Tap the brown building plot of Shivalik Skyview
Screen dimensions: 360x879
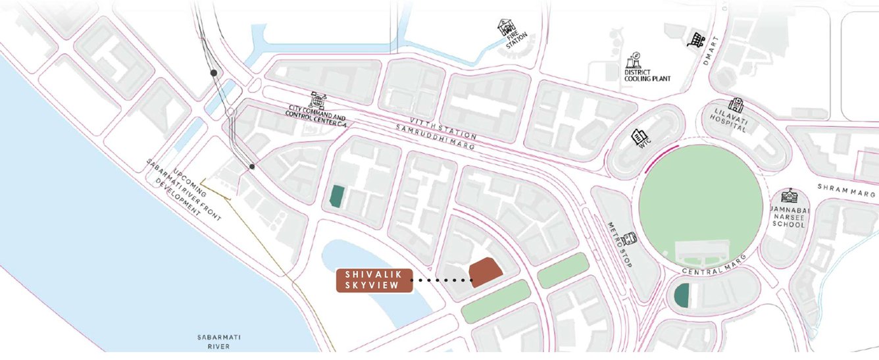[x=486, y=272]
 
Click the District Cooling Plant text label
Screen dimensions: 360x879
[x=647, y=74]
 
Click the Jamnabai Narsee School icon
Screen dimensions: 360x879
[x=788, y=195]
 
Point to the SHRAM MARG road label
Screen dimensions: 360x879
[x=847, y=190]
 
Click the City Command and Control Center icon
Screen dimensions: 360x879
[x=318, y=99]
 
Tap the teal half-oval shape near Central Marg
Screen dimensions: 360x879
[x=682, y=296]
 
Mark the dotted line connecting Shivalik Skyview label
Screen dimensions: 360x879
[x=441, y=280]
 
